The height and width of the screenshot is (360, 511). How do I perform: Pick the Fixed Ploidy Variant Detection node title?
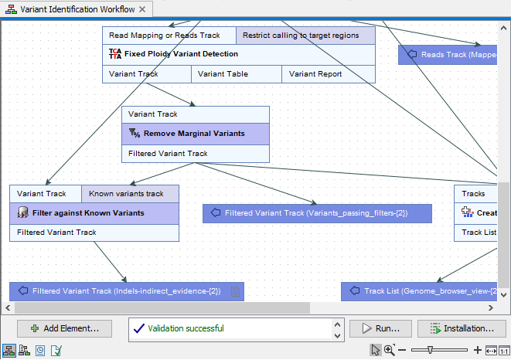181,54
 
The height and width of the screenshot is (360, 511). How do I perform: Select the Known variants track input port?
130,193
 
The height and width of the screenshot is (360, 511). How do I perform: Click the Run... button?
380,328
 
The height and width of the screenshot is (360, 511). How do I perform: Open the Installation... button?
462,328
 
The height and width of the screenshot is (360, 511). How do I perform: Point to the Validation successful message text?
186,328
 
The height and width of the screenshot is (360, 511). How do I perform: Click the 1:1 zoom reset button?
503,350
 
